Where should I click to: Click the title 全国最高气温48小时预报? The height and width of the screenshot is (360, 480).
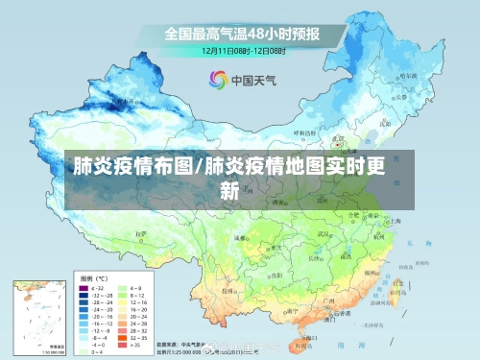point(241,33)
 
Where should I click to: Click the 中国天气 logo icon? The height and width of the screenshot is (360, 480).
point(217,81)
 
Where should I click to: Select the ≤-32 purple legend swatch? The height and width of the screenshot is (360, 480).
point(84,287)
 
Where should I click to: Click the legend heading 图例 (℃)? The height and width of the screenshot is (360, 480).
point(93,276)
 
